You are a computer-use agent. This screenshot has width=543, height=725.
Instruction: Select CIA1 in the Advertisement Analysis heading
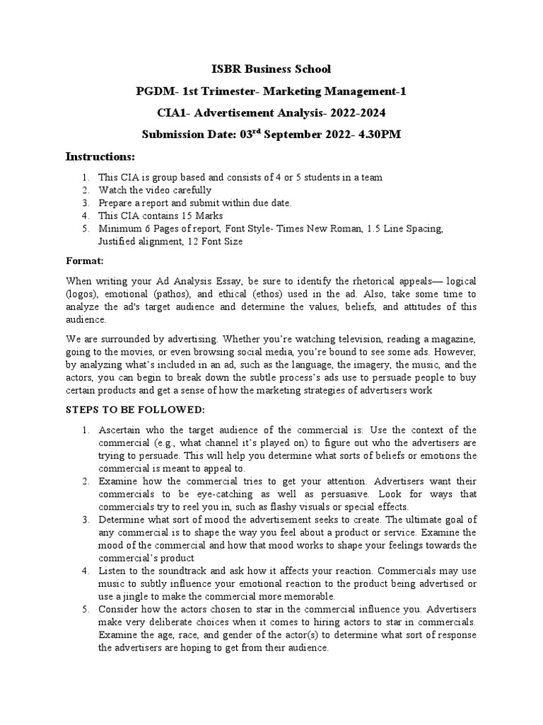coord(173,113)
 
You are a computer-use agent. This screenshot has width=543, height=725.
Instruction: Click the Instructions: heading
coord(100,156)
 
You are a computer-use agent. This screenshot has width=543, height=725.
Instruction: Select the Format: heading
coord(85,261)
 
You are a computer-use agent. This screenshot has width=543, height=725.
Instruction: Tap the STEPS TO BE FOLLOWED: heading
coord(134,410)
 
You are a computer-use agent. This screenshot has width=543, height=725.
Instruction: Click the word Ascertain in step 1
coord(122,430)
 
